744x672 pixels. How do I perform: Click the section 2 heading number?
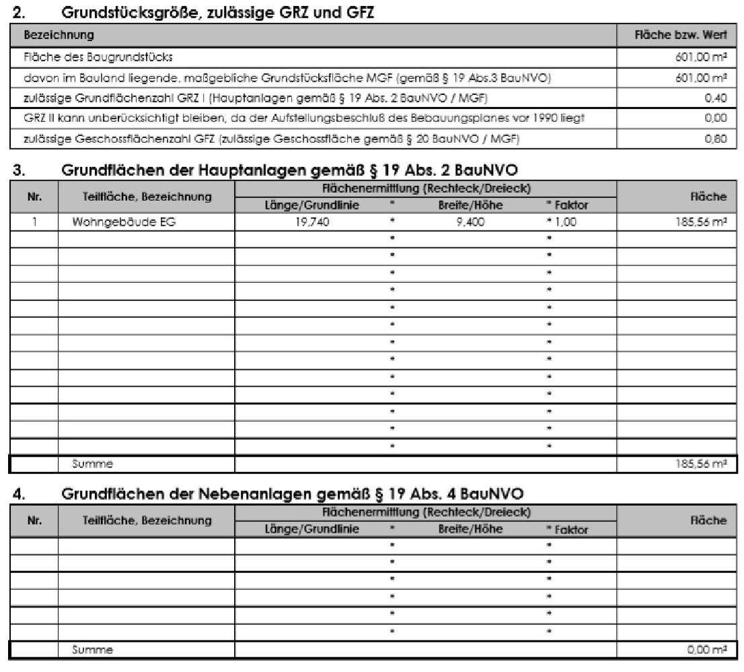pos(18,11)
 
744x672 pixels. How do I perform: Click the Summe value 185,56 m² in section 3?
pos(703,464)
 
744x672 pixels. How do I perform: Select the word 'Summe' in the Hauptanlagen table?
pos(94,464)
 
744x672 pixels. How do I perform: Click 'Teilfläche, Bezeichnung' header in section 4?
pos(147,520)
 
